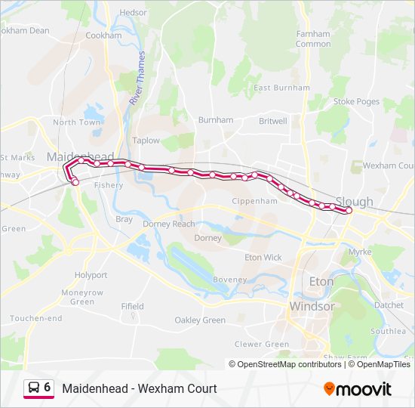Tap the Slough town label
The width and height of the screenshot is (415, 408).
click(355, 202)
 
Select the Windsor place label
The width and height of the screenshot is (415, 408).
click(312, 307)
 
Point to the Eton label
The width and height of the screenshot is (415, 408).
click(321, 281)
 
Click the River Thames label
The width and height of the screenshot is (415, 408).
click(138, 79)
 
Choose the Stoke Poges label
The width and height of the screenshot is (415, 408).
click(356, 101)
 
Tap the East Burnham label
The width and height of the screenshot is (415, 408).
click(281, 88)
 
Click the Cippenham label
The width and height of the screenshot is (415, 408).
click(255, 202)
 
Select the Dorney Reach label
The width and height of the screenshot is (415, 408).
click(168, 224)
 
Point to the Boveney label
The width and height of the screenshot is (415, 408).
click(230, 280)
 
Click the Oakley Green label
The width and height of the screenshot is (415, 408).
click(200, 320)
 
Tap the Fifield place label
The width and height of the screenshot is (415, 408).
click(132, 306)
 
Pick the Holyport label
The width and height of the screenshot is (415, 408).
click(91, 275)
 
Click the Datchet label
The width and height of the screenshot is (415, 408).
click(389, 305)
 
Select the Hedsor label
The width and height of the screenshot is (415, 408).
click(133, 13)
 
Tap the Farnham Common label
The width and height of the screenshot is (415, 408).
click(312, 39)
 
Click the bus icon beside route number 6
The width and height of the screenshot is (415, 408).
click(34, 388)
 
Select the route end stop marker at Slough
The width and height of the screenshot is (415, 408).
click(349, 211)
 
